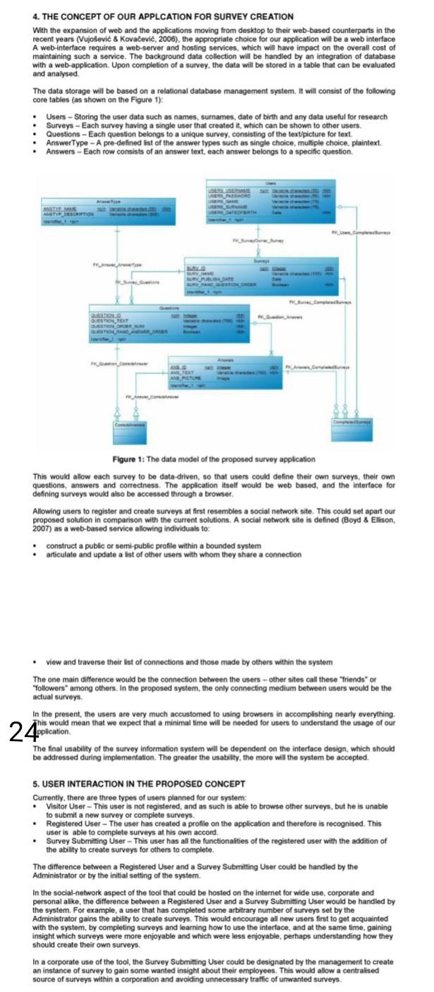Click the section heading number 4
[x=37, y=16]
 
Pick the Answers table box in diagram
[x=225, y=376]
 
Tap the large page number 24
[x=23, y=714]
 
